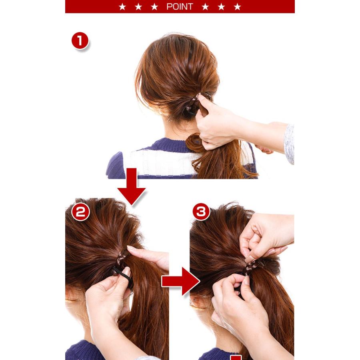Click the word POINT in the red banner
pyautogui.click(x=180, y=7)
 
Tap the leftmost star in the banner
pyautogui.click(x=122, y=7)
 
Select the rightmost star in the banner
pyautogui.click(x=237, y=7)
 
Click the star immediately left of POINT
pyautogui.click(x=154, y=7)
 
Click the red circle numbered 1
pyautogui.click(x=80, y=41)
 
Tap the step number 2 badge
pyautogui.click(x=80, y=212)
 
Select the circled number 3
pyautogui.click(x=201, y=212)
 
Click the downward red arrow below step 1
pyautogui.click(x=131, y=186)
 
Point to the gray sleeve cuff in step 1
pyautogui.click(x=289, y=144)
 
